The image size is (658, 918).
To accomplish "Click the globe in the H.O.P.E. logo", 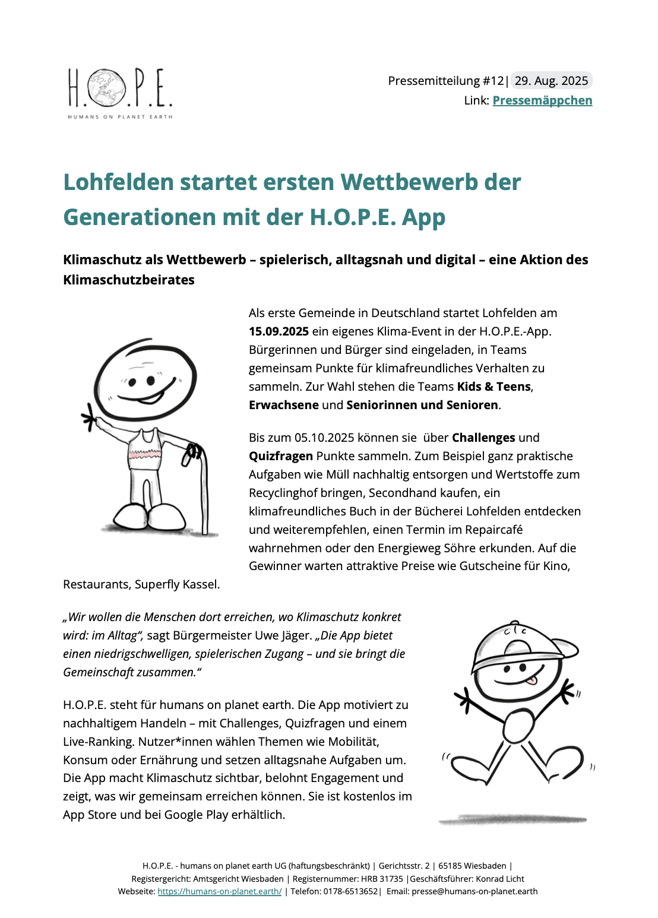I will click(x=107, y=88).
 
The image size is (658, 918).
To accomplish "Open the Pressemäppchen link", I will click(x=542, y=100).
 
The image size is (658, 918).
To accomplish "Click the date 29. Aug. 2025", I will click(x=551, y=81).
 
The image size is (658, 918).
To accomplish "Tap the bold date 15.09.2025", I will click(x=279, y=331).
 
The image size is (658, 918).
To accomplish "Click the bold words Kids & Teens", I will click(x=493, y=387).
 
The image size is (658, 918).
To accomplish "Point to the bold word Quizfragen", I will click(x=280, y=456).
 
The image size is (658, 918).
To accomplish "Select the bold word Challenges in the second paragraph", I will click(x=483, y=438).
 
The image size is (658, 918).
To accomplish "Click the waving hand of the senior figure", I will click(x=89, y=418).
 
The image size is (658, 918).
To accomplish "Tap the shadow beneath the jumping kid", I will click(x=513, y=820).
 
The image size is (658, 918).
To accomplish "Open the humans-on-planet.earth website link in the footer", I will click(x=219, y=891).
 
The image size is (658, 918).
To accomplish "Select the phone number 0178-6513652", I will click(x=350, y=891).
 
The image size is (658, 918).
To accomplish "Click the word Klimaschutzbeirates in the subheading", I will click(x=129, y=280).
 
